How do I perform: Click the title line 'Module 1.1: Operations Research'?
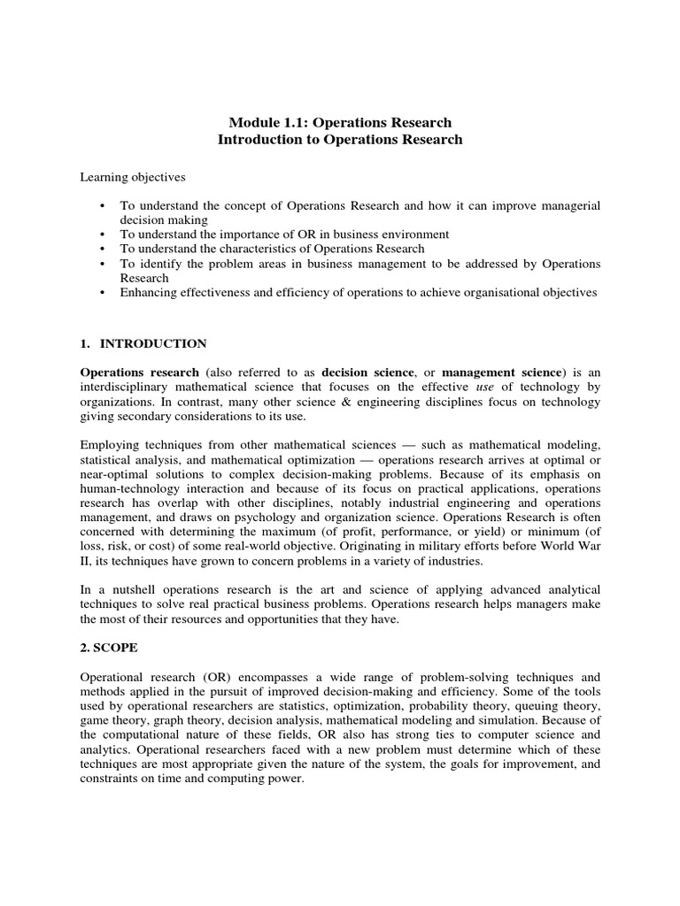pyautogui.click(x=340, y=122)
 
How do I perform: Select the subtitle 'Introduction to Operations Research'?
pyautogui.click(x=340, y=140)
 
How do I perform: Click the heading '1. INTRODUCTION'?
pyautogui.click(x=143, y=343)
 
